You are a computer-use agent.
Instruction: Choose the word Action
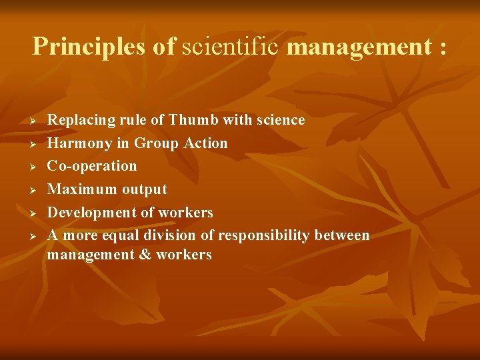(x=207, y=143)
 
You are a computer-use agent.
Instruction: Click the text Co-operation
(x=92, y=166)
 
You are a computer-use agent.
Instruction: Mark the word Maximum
(x=82, y=189)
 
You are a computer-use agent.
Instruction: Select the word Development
(x=94, y=212)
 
